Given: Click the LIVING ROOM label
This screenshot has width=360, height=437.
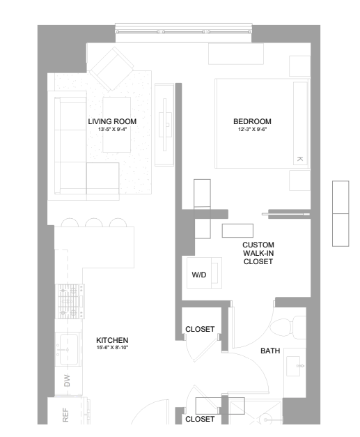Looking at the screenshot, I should (112, 121).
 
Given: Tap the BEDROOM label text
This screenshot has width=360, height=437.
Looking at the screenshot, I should (252, 121).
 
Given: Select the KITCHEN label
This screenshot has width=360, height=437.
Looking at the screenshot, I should (111, 339).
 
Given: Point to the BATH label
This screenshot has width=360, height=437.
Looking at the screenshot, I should (270, 351).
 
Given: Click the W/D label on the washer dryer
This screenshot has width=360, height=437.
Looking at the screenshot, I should (199, 275).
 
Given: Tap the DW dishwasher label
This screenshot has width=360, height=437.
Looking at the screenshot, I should (67, 381).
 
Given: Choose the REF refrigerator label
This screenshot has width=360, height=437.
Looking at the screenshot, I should (67, 415).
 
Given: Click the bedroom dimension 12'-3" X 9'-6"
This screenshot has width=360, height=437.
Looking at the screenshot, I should (252, 129).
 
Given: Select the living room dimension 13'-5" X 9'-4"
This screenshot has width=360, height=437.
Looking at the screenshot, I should (112, 129).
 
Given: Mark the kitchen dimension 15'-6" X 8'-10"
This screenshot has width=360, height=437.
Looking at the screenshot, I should (111, 347).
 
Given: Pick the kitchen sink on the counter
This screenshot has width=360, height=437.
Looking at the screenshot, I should (68, 344).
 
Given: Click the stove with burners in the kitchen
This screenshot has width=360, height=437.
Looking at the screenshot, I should (68, 300).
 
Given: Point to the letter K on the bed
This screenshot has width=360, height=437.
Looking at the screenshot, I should (300, 159).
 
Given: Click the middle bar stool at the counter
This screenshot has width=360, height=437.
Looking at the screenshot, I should (93, 223).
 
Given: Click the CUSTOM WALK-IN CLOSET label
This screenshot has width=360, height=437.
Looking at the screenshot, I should (258, 253).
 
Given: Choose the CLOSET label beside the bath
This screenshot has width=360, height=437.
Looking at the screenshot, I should (200, 329).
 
